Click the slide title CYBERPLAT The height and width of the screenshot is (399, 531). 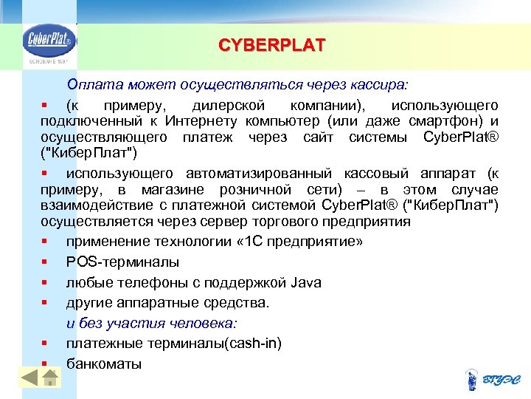271,46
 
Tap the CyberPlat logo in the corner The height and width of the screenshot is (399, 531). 48,43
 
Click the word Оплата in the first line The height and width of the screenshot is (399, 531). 88,85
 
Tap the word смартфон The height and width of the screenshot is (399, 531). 452,121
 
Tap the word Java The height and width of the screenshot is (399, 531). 306,282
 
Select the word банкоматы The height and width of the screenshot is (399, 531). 103,364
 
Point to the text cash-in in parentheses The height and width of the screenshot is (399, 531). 255,344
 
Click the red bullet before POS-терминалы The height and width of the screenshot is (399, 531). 46,262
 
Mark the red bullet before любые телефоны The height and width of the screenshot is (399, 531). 46,282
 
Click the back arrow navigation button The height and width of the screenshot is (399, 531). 29,378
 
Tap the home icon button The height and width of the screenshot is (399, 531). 49,378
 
